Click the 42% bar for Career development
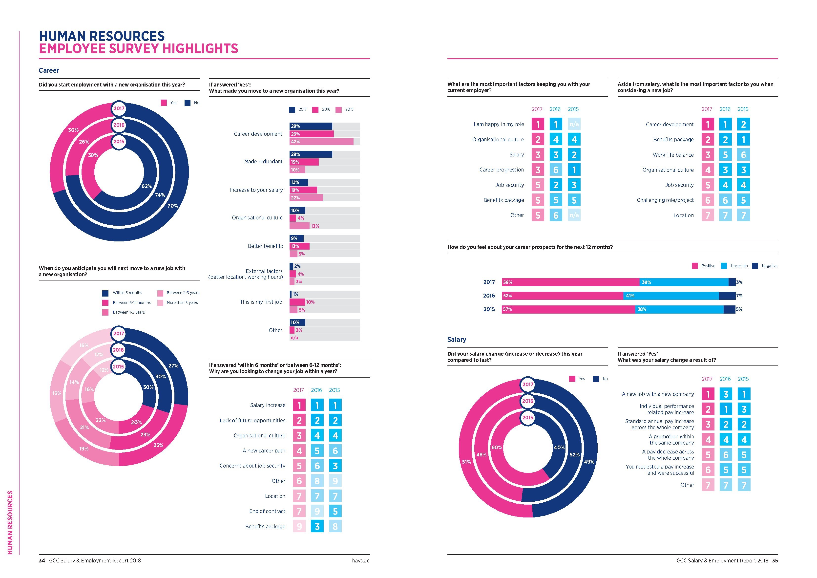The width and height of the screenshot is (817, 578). [x=321, y=142]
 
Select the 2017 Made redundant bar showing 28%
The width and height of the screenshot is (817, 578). [x=311, y=154]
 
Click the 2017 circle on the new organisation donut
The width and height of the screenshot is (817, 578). [x=119, y=108]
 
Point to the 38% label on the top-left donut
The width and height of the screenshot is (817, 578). [x=93, y=155]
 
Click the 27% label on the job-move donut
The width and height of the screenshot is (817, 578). [x=173, y=365]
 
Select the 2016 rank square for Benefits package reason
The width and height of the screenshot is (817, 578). [x=317, y=526]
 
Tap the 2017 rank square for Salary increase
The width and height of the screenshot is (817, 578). [x=299, y=405]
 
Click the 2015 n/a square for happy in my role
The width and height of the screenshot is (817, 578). [x=574, y=124]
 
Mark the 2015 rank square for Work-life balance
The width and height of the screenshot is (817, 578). [x=743, y=155]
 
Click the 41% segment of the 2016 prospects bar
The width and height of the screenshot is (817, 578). [x=671, y=296]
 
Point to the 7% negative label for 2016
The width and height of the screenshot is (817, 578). [x=739, y=296]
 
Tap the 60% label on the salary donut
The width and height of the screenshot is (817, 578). [x=497, y=447]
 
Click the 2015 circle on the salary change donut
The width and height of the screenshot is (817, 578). [x=528, y=417]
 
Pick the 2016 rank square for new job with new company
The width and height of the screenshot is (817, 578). [x=726, y=394]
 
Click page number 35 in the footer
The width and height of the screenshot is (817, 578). [x=775, y=560]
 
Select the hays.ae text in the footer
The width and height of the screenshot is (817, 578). [x=360, y=560]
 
